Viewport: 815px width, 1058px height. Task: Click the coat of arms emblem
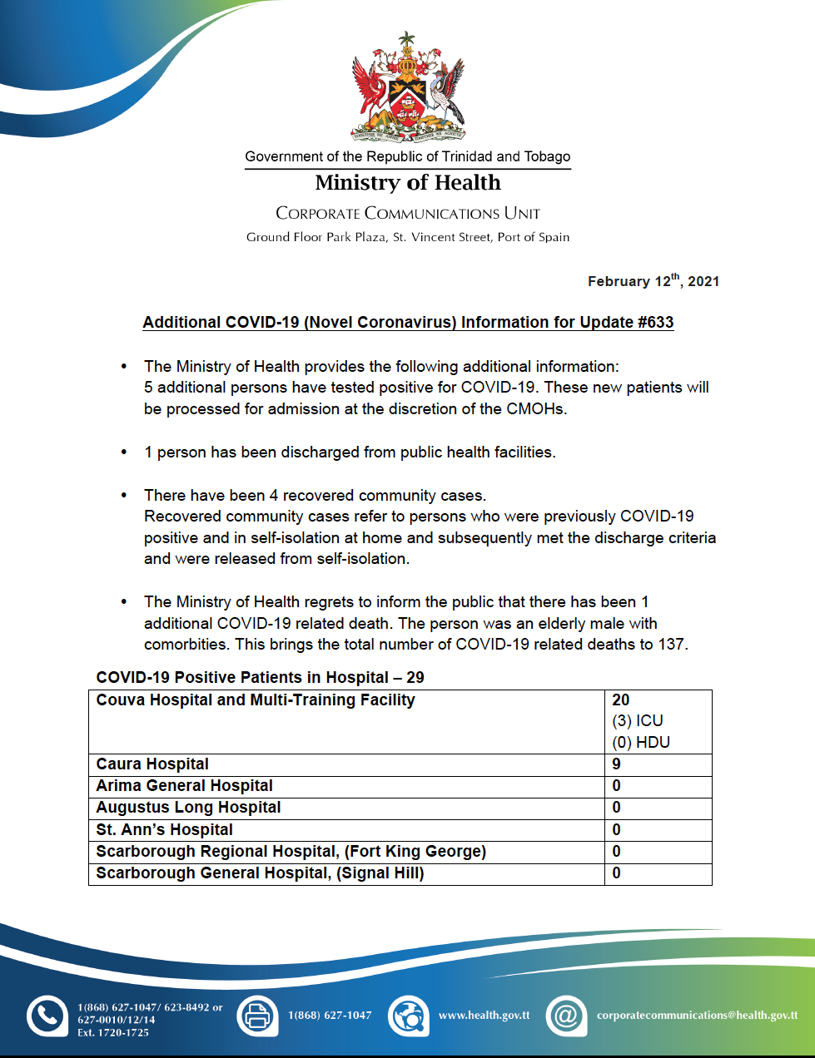pyautogui.click(x=408, y=87)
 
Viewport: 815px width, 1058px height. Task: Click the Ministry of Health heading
pyautogui.click(x=408, y=183)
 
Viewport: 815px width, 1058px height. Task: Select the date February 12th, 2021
pyautogui.click(x=653, y=281)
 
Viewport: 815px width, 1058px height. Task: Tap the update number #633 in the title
pyautogui.click(x=656, y=323)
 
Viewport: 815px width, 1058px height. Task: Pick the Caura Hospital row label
pyautogui.click(x=152, y=764)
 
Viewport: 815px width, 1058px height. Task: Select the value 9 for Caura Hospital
pyautogui.click(x=617, y=764)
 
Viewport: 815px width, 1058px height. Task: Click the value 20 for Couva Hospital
pyautogui.click(x=621, y=700)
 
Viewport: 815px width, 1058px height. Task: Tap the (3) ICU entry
pyautogui.click(x=638, y=721)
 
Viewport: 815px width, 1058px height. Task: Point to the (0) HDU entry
pyautogui.click(x=641, y=743)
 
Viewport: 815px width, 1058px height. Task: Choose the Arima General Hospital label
pyautogui.click(x=184, y=786)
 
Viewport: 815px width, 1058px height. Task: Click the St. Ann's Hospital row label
pyautogui.click(x=164, y=830)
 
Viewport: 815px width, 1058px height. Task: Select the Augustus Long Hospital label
pyautogui.click(x=188, y=808)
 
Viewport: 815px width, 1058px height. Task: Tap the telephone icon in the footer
pyautogui.click(x=47, y=1016)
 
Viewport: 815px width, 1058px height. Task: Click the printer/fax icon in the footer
pyautogui.click(x=258, y=1016)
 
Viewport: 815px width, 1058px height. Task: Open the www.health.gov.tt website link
pyautogui.click(x=484, y=1016)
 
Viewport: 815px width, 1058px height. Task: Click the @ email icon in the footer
pyautogui.click(x=566, y=1016)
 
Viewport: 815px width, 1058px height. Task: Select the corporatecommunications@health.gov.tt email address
pyautogui.click(x=697, y=1016)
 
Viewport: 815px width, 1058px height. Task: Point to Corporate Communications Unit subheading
pyautogui.click(x=408, y=214)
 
